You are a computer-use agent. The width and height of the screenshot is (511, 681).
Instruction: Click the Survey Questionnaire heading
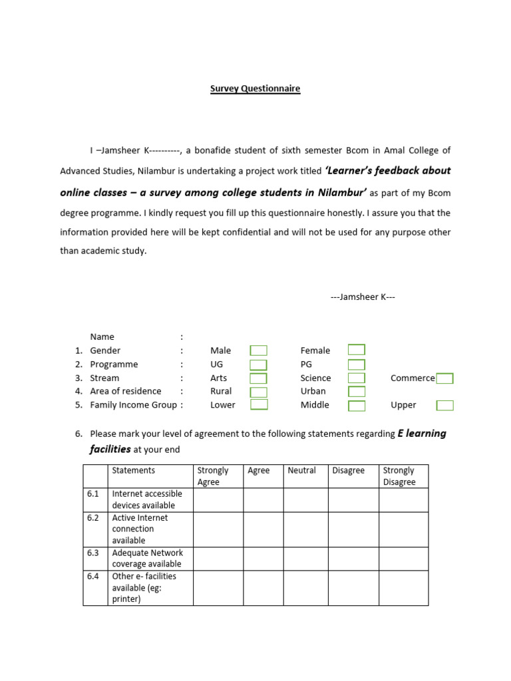coord(255,88)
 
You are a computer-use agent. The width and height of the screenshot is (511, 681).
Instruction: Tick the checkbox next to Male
coord(258,350)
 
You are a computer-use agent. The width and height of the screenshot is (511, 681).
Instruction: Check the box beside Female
coord(357,350)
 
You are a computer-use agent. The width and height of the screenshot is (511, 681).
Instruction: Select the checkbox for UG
coord(258,364)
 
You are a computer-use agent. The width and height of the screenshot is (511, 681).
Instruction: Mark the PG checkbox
coord(357,364)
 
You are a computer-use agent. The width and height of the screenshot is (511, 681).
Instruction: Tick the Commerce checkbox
coord(444,378)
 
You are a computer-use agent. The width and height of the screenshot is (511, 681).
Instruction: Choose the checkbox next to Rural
coord(258,392)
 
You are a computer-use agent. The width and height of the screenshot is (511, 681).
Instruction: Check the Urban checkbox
coord(357,392)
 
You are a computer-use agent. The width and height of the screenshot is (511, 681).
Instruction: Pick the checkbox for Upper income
coord(444,405)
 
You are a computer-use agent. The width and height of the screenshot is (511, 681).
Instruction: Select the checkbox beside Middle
coord(357,406)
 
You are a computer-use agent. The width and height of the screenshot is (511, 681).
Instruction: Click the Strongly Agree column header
coord(213,476)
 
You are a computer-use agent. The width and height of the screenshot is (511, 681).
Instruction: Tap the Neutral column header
coord(301,471)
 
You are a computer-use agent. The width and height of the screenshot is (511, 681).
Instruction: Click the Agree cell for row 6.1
coord(263,500)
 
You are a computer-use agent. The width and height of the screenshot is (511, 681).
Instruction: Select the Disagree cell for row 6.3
coord(353,559)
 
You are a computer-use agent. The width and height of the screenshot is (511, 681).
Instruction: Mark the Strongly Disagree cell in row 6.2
coord(403,529)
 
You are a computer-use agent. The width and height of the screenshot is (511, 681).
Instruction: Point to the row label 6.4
coord(93,577)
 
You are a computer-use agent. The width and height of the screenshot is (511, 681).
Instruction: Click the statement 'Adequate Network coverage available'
coord(147,559)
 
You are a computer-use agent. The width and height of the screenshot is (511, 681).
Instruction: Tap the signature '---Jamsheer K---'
coord(363,297)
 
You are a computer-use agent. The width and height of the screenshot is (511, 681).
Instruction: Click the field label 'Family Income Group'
coord(134,405)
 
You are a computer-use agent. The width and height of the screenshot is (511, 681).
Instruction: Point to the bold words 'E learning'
coord(422,434)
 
